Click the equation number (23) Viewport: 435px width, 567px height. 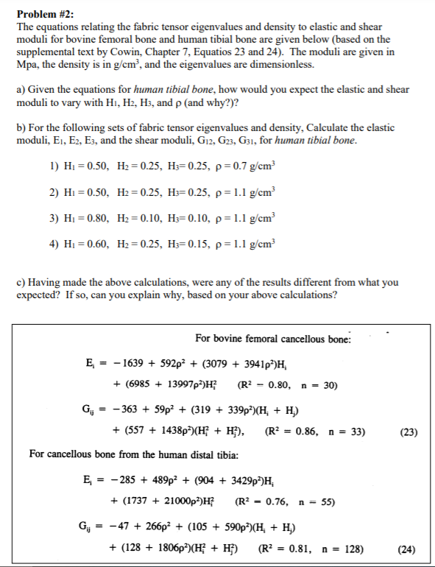click(x=407, y=432)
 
